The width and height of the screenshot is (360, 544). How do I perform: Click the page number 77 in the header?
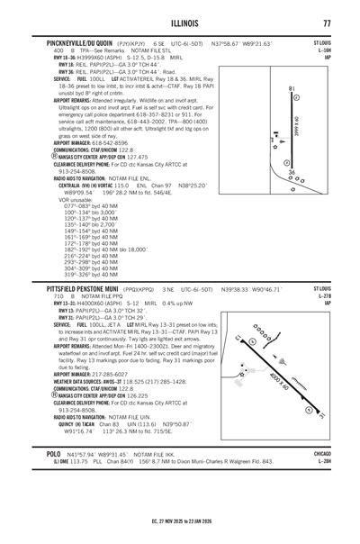[328, 23]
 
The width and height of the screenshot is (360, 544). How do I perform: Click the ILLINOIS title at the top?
[179, 23]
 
